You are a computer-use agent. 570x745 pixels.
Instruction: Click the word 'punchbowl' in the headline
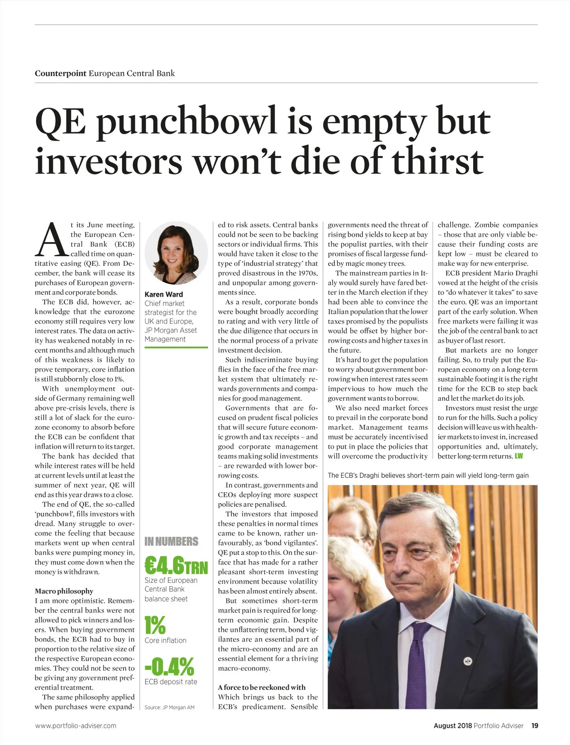pyautogui.click(x=187, y=122)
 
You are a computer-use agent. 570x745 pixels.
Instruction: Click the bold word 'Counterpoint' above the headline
pyautogui.click(x=60, y=73)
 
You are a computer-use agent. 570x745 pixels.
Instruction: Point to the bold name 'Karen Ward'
pyautogui.click(x=163, y=294)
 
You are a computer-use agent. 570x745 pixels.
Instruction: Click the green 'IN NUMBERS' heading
pyautogui.click(x=171, y=542)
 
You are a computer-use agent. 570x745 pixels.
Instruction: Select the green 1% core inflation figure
pyautogui.click(x=155, y=625)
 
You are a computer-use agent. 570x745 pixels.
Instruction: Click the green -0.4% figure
pyautogui.click(x=169, y=667)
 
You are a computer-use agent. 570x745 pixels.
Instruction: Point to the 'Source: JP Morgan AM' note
pyautogui.click(x=169, y=707)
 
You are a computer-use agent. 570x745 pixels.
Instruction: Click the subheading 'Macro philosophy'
pyautogui.click(x=64, y=591)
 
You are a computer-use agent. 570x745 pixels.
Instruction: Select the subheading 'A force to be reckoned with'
pyautogui.click(x=262, y=687)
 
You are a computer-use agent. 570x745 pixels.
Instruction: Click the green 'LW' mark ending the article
pyautogui.click(x=519, y=456)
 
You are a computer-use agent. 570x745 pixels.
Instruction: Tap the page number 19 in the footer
pyautogui.click(x=535, y=726)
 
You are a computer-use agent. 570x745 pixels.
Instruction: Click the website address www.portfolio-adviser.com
pyautogui.click(x=76, y=726)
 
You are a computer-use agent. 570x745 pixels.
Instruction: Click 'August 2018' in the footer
pyautogui.click(x=452, y=726)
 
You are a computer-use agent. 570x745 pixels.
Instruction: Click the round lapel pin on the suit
pyautogui.click(x=468, y=661)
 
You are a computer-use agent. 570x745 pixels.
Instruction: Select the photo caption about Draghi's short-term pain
pyautogui.click(x=428, y=475)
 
